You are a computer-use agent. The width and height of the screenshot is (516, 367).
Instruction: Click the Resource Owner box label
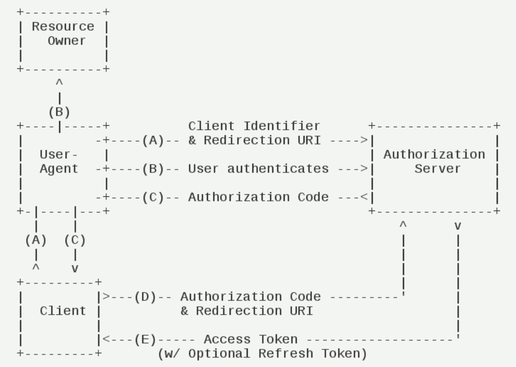click(x=63, y=34)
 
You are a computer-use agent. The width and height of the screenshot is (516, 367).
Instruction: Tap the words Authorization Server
click(x=434, y=162)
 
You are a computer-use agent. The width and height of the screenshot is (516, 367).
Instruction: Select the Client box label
click(x=63, y=311)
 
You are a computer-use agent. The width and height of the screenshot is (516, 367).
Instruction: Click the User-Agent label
click(x=59, y=162)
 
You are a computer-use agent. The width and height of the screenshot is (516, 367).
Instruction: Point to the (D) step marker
click(x=145, y=296)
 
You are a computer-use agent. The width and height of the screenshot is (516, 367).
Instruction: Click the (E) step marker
click(x=145, y=340)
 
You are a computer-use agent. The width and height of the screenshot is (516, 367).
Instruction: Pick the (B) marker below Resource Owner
click(x=59, y=112)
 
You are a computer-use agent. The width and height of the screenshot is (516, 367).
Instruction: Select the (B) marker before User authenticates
click(x=153, y=169)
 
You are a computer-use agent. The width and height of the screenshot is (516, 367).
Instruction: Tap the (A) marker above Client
click(x=35, y=240)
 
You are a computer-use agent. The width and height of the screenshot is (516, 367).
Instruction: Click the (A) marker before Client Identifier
click(x=153, y=140)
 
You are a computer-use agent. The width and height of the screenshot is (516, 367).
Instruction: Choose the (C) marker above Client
click(x=74, y=240)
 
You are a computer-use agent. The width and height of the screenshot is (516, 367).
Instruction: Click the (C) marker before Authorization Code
click(x=153, y=197)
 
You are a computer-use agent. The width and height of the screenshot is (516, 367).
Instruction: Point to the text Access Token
click(x=250, y=340)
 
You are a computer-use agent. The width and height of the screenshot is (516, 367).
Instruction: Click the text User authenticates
click(x=258, y=169)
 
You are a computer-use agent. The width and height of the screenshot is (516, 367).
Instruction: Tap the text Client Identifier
click(x=254, y=126)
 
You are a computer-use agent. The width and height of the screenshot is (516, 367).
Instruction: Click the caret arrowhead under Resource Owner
click(x=59, y=83)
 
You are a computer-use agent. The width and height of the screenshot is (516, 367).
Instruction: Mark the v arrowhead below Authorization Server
click(x=457, y=226)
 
